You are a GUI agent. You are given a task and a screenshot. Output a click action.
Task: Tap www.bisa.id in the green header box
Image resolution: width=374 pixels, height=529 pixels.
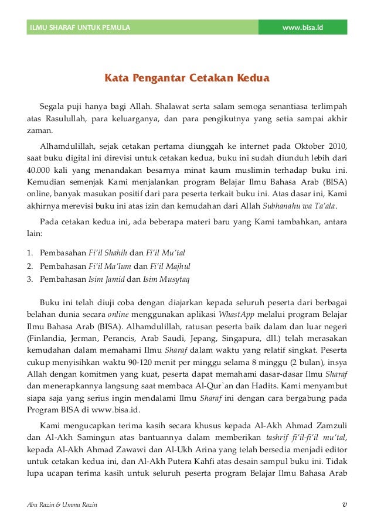[302, 28]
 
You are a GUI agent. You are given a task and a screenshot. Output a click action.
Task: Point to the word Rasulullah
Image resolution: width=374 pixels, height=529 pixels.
[66, 120]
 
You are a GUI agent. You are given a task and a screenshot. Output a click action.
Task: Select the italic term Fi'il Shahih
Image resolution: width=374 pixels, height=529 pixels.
[108, 252]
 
